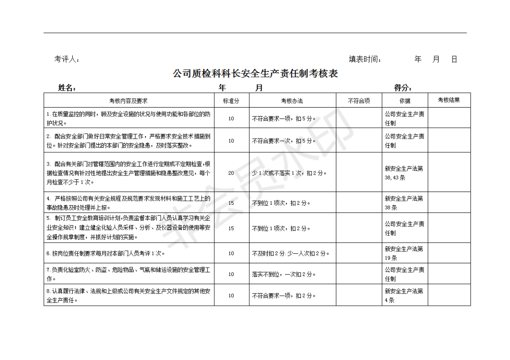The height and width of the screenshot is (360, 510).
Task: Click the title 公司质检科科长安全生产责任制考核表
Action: click(255, 74)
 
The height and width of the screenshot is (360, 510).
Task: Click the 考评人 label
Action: click(67, 59)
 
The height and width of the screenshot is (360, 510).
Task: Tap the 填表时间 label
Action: click(365, 59)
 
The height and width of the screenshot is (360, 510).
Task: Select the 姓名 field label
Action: click(67, 88)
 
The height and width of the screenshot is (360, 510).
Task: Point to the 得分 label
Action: click(403, 88)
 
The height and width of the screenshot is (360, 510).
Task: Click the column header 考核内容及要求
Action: click(128, 100)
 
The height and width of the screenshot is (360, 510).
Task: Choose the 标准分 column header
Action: click(231, 100)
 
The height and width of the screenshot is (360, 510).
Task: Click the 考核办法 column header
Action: click(292, 100)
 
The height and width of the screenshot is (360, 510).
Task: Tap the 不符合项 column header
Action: click(359, 100)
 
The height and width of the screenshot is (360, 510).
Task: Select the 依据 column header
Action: click(405, 100)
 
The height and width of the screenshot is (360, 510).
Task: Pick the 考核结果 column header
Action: click(449, 100)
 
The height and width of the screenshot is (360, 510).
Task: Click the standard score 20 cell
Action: click(231, 173)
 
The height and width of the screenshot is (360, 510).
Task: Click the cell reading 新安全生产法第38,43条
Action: click(404, 173)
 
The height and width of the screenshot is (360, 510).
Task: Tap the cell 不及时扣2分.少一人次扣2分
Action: click(290, 253)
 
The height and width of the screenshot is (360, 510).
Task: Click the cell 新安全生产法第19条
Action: click(404, 253)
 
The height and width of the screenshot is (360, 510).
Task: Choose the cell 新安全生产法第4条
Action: click(404, 295)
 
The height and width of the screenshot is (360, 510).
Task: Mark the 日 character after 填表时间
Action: click(454, 59)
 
